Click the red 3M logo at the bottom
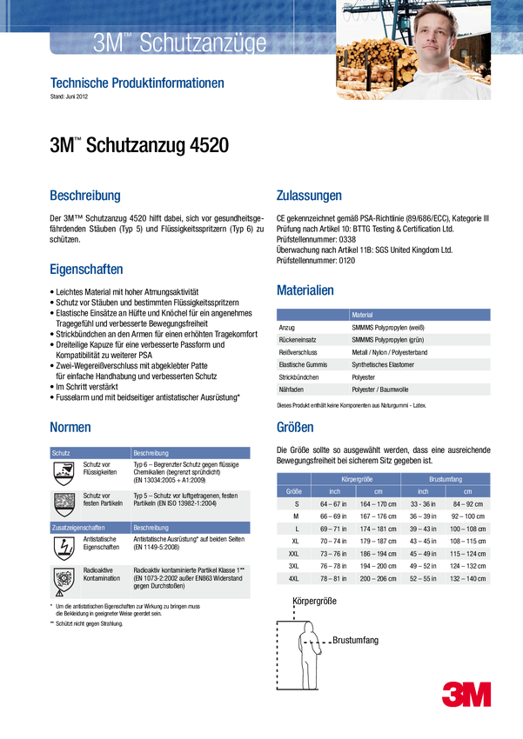pyautogui.click(x=466, y=694)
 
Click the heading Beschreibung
pyautogui.click(x=85, y=195)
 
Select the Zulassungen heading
pyautogui.click(x=309, y=195)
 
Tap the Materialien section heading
pyautogui.click(x=305, y=290)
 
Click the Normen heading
pyautogui.click(x=70, y=427)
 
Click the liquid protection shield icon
pyautogui.click(x=64, y=474)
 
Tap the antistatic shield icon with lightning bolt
pyautogui.click(x=64, y=548)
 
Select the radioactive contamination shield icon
pyautogui.click(x=64, y=581)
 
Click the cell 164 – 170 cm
pyautogui.click(x=379, y=503)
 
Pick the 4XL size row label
pyautogui.click(x=293, y=578)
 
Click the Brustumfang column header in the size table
pyautogui.click(x=446, y=479)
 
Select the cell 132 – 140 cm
pyautogui.click(x=467, y=578)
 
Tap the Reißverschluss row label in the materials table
pyautogui.click(x=298, y=352)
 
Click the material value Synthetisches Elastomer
pyautogui.click(x=383, y=364)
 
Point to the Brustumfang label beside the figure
pyautogui.click(x=356, y=640)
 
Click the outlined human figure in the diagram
pyautogui.click(x=309, y=656)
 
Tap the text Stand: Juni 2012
pyautogui.click(x=69, y=97)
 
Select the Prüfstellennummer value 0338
pyautogui.click(x=347, y=239)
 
